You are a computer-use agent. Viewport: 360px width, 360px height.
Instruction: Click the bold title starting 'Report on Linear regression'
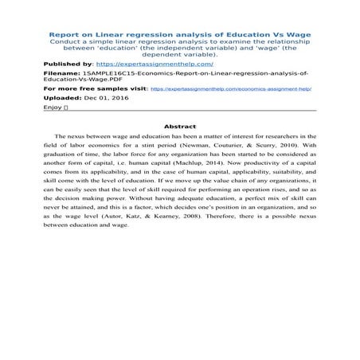180,36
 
